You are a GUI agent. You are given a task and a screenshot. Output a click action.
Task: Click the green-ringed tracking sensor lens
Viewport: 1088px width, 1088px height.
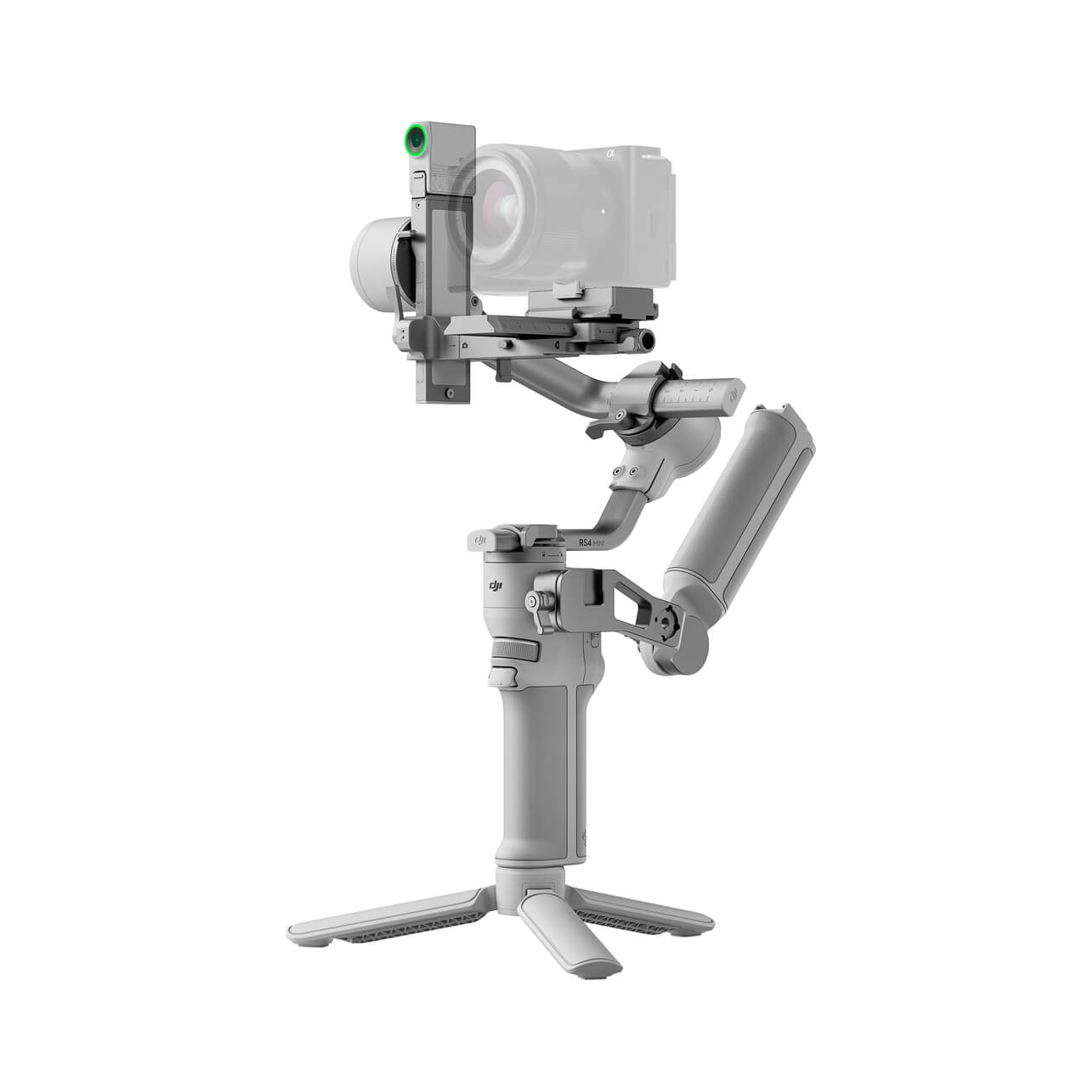tap(415, 139)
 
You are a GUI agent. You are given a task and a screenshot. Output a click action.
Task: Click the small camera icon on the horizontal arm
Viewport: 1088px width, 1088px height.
tap(464, 347)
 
